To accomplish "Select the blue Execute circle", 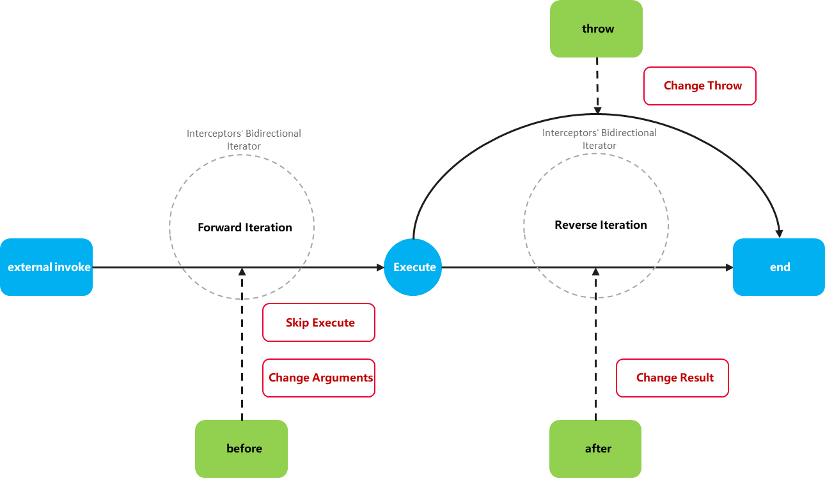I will [413, 267].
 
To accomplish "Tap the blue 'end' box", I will [778, 267].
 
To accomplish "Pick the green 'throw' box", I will [596, 29].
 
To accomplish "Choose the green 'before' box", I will [241, 449].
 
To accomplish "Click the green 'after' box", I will [595, 449].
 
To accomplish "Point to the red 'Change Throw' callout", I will [700, 86].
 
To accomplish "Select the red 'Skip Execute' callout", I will [318, 323].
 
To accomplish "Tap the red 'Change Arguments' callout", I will [318, 378].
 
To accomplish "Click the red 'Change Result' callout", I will [672, 378].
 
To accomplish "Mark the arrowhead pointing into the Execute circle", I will [381, 267].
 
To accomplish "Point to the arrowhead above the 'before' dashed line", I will [242, 272].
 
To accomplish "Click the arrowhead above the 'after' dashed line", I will [596, 272].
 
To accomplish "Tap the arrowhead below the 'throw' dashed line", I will [597, 111].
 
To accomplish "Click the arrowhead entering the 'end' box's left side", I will [729, 267].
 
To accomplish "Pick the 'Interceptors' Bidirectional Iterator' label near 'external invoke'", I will [244, 139].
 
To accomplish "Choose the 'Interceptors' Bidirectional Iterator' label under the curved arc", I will [599, 139].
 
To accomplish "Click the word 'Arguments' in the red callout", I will [343, 378].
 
